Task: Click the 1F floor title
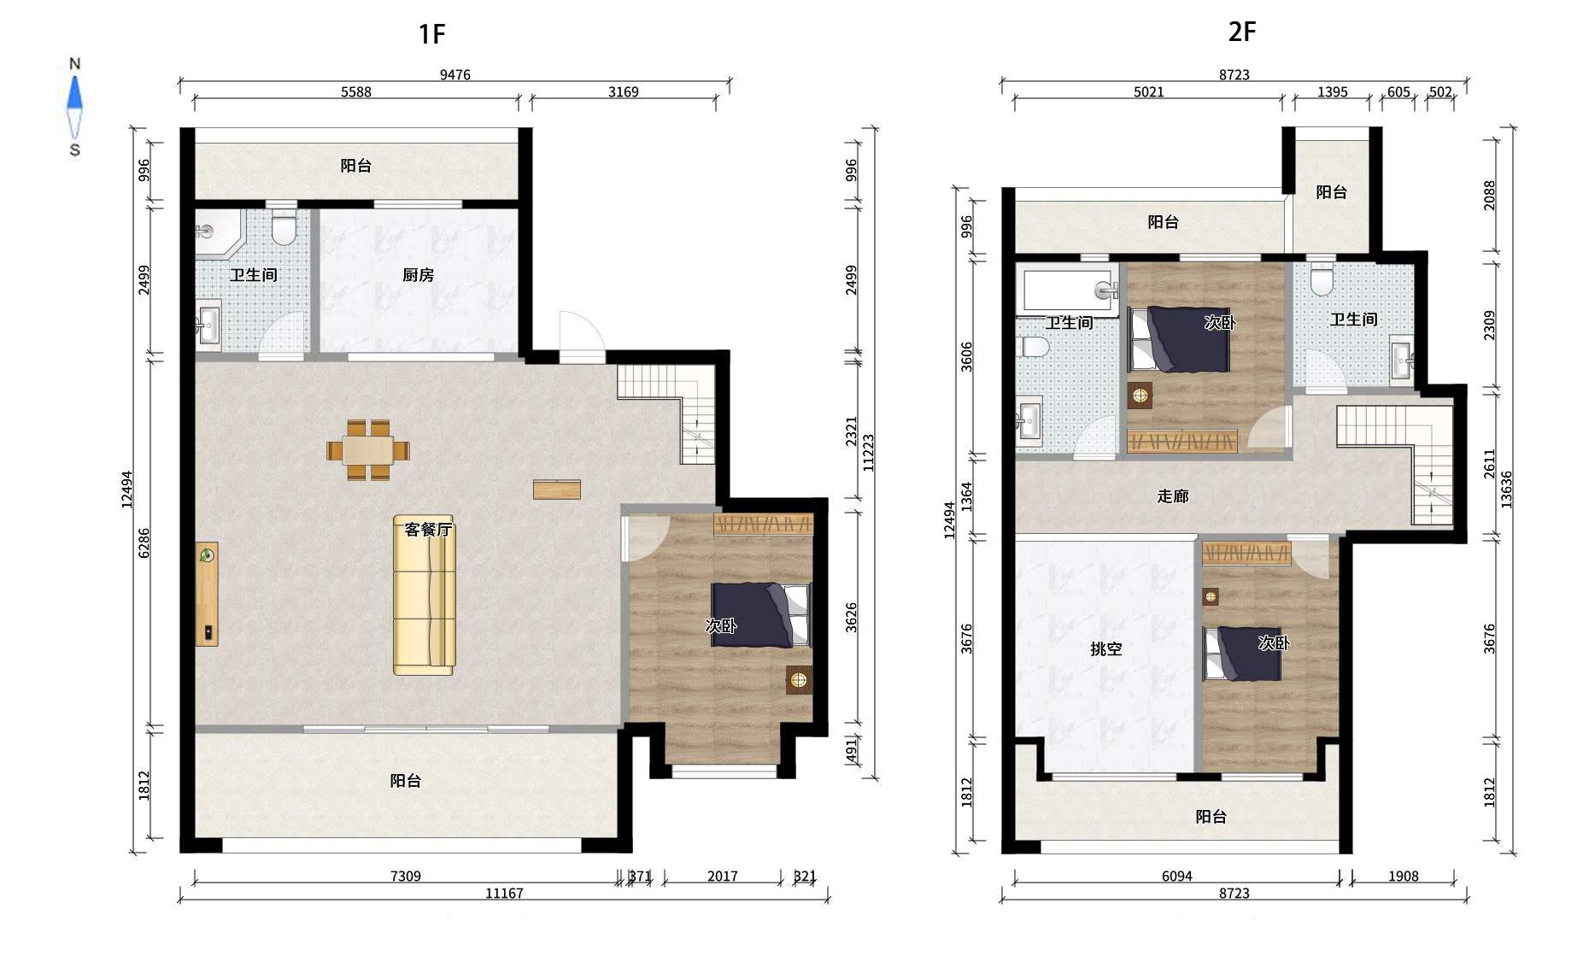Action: [431, 34]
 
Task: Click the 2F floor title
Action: [1241, 32]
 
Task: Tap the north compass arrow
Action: [75, 93]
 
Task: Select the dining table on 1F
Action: [368, 449]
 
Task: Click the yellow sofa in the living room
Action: [424, 595]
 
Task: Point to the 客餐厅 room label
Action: [428, 530]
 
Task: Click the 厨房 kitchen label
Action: [419, 275]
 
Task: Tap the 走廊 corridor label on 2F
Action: [1173, 496]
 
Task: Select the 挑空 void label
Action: [1106, 649]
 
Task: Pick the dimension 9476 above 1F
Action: [455, 74]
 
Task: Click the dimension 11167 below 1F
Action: [504, 893]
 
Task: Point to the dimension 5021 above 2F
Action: [1148, 91]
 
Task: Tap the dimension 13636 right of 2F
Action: [1506, 490]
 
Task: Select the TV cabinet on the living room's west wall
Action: [207, 594]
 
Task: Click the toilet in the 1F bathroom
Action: [283, 226]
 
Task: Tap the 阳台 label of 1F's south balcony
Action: [406, 781]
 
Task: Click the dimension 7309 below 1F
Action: [405, 876]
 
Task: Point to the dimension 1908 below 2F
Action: [1403, 876]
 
